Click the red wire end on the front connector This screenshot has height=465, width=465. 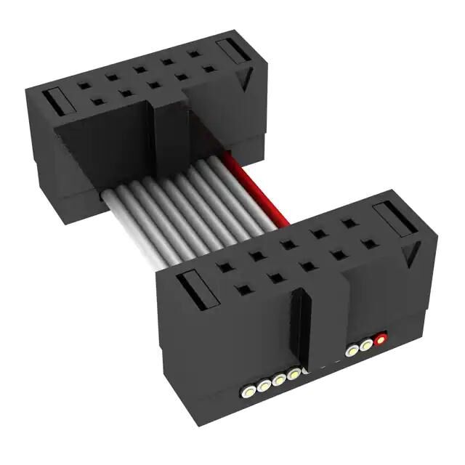(379, 338)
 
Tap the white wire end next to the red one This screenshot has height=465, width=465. (367, 344)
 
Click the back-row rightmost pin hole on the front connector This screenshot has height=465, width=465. (349, 223)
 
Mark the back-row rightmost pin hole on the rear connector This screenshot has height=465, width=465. (194, 54)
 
